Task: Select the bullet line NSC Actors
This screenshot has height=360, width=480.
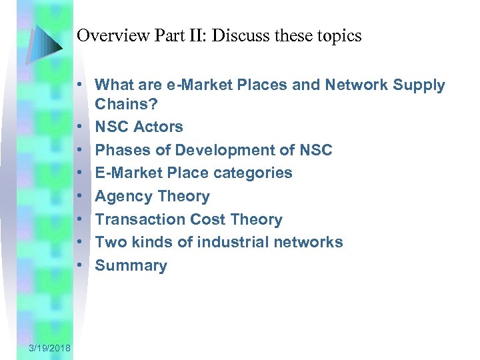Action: coord(139,127)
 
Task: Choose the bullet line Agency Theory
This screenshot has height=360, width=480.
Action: coord(152,197)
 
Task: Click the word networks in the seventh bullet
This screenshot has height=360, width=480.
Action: coord(311,243)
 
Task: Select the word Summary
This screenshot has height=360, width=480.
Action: coord(131,266)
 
